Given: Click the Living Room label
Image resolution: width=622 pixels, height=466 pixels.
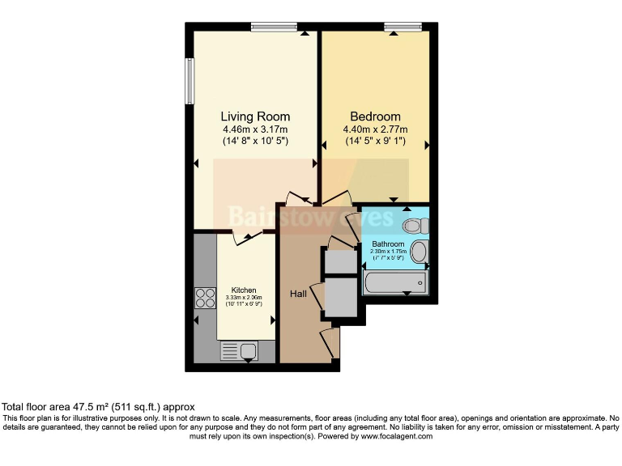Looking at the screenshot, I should (255, 116).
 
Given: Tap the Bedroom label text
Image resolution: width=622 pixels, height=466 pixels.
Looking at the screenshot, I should (375, 116).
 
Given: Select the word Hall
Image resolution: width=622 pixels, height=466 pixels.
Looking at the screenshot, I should (299, 294).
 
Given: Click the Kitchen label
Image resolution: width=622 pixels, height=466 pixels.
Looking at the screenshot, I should (244, 290).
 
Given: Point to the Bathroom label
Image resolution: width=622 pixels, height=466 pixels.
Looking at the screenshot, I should (388, 244).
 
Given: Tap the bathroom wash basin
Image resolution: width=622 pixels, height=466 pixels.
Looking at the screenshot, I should (419, 252).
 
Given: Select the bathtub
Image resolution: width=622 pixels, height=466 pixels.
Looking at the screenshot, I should (396, 282).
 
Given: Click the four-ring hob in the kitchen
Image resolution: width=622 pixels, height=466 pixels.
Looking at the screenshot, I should (205, 299).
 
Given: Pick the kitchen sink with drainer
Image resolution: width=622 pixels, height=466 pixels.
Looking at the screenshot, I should (239, 350).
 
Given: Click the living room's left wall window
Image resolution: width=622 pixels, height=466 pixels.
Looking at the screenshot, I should (190, 81).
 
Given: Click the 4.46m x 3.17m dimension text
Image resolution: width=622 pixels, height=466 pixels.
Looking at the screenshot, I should (255, 129).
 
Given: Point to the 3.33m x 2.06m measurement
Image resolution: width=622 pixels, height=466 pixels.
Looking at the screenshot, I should (244, 298).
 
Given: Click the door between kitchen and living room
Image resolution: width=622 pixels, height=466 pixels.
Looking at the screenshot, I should (247, 235).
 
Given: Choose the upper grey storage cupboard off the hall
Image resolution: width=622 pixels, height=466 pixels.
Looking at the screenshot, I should (340, 261).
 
